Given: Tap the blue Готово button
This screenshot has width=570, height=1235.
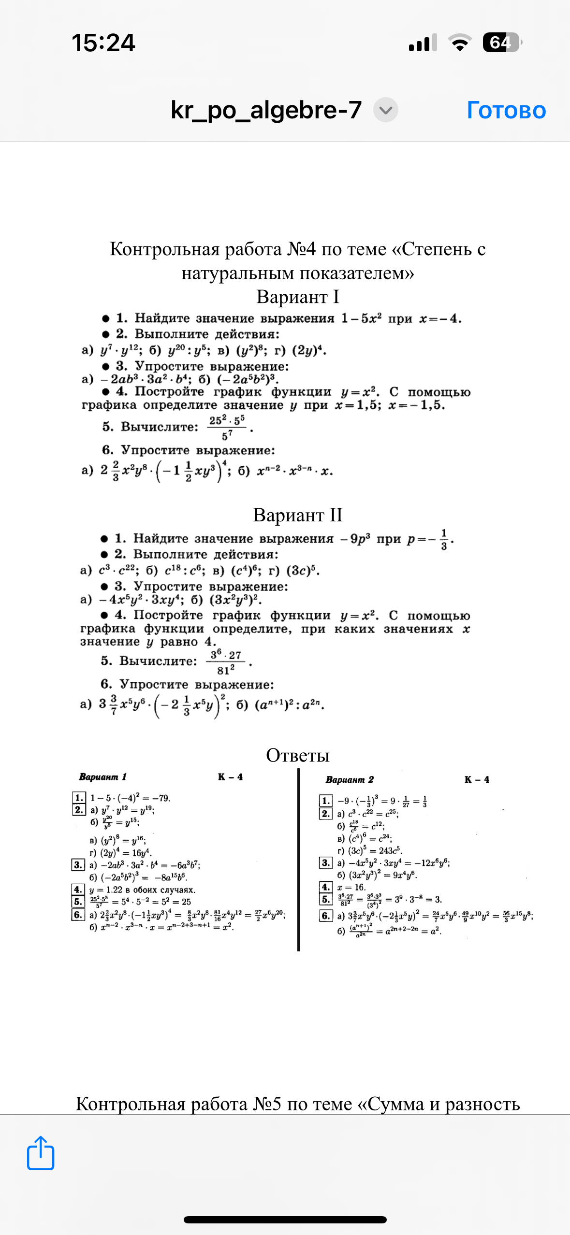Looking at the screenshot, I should coord(506,110).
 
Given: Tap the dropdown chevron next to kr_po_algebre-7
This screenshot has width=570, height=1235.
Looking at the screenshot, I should coord(385,110).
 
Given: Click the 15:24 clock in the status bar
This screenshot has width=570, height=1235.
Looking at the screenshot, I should coord(103,43).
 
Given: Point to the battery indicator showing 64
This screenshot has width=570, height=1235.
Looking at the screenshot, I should coord(502,43).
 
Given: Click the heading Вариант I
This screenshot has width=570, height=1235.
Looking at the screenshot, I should coord(298,297).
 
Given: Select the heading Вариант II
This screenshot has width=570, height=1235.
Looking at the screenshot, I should coord(298,515).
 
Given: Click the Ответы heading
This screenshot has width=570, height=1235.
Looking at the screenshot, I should coord(298,755).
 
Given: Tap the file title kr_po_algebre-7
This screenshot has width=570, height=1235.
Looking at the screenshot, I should coord(266,110).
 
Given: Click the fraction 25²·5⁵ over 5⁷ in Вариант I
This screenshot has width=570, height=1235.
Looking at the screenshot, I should coord(227,427).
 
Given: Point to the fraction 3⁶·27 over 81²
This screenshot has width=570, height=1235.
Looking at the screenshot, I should coord(226,662).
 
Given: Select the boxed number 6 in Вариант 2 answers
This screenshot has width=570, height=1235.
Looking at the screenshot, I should coord(326,916).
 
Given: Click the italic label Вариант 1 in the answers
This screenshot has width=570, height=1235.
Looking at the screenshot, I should coord(102,777).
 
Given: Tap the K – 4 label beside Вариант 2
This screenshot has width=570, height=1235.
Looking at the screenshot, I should coord(477,779).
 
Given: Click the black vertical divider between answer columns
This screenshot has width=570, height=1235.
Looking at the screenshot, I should coord(298,860).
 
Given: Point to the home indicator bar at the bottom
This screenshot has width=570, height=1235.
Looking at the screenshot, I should coord(285,1220).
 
